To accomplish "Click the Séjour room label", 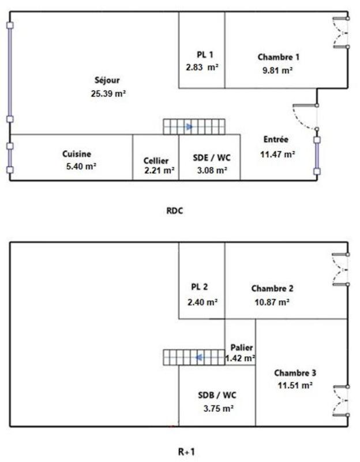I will (108, 80).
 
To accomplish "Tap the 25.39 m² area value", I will (108, 93).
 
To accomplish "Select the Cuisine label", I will (77, 154).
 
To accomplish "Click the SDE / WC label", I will (209, 158).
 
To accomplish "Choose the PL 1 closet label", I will (205, 55).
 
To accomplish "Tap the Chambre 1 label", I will (279, 57).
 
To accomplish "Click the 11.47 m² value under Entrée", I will (279, 154).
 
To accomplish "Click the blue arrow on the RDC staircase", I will (189, 126).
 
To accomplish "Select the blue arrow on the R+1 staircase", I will (198, 357).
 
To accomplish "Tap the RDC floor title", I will (174, 211).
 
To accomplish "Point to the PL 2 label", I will (199, 288).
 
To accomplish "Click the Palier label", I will (241, 348).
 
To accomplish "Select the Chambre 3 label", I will (295, 372).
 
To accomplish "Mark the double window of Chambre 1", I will (342, 32).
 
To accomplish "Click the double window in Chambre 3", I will (342, 400).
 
